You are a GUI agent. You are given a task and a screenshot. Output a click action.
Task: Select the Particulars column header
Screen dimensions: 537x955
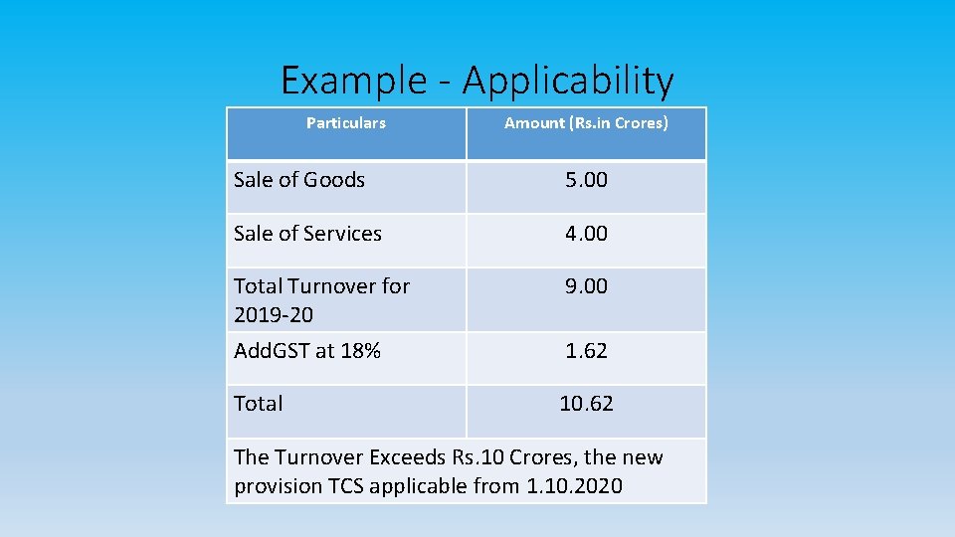(x=345, y=123)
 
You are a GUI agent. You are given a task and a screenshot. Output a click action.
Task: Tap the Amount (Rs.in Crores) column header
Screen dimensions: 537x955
(x=586, y=123)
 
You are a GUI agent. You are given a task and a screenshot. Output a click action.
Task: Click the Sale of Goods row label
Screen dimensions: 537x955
(x=299, y=180)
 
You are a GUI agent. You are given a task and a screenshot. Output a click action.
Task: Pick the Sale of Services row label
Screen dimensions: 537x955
(x=307, y=234)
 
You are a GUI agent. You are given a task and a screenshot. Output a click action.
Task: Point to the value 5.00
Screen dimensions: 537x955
(x=586, y=180)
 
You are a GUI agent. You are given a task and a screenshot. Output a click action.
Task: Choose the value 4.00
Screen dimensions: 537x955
(x=586, y=234)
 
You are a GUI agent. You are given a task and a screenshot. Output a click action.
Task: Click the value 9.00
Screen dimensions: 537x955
(x=586, y=286)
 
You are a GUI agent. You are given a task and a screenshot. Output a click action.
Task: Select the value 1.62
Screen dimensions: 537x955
(x=586, y=351)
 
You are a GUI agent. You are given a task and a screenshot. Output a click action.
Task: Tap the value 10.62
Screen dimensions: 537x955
(x=586, y=404)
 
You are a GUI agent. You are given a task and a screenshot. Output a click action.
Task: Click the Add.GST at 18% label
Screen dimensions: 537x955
(x=307, y=351)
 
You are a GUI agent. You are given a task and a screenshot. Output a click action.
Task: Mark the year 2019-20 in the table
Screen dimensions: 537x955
(x=273, y=315)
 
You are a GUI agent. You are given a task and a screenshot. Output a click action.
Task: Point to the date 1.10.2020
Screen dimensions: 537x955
(x=574, y=486)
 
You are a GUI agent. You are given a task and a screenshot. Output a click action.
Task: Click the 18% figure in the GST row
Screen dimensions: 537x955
(x=360, y=351)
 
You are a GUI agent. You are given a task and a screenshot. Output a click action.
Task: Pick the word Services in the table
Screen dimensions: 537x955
(x=343, y=234)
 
